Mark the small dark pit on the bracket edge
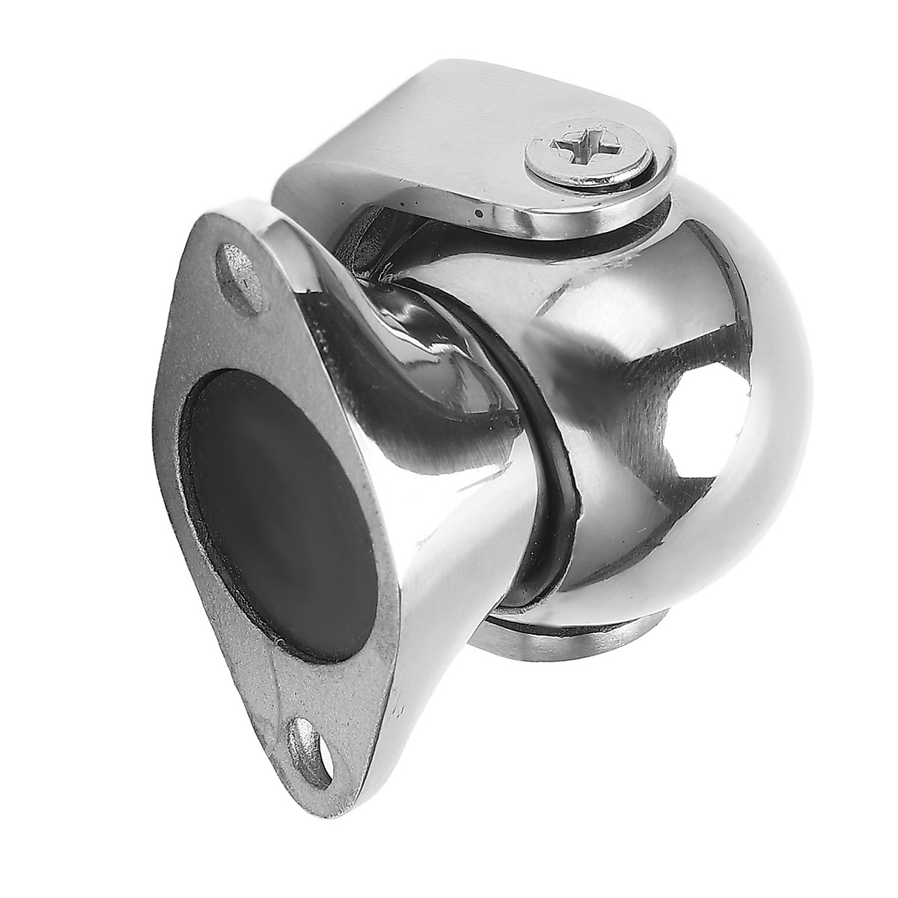(x=477, y=213)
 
